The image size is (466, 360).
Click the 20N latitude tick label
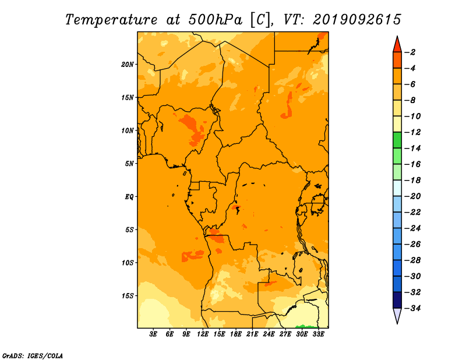pyautogui.click(x=128, y=65)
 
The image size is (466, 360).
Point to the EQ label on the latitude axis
pyautogui.click(x=129, y=197)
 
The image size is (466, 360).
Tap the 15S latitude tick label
pyautogui.click(x=128, y=296)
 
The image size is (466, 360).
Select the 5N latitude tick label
pyautogui.click(x=129, y=164)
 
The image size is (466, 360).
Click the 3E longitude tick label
pyautogui.click(x=153, y=334)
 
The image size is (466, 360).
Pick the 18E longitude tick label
pyautogui.click(x=236, y=334)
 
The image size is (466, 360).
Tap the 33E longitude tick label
pyautogui.click(x=318, y=334)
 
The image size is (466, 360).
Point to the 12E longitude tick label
pyautogui.click(x=203, y=334)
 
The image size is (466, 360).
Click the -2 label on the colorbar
pyautogui.click(x=410, y=52)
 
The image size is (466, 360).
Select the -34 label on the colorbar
pyautogui.click(x=412, y=308)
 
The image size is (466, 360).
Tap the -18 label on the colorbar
pyautogui.click(x=412, y=180)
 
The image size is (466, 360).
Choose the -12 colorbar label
pyautogui.click(x=412, y=132)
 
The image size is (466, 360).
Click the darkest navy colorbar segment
pyautogui.click(x=397, y=300)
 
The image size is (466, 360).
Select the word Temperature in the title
pyautogui.click(x=111, y=20)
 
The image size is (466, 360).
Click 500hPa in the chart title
pyautogui.click(x=215, y=20)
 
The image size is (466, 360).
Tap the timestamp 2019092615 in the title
pyautogui.click(x=357, y=20)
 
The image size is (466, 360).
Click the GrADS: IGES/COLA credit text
pyautogui.click(x=33, y=355)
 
